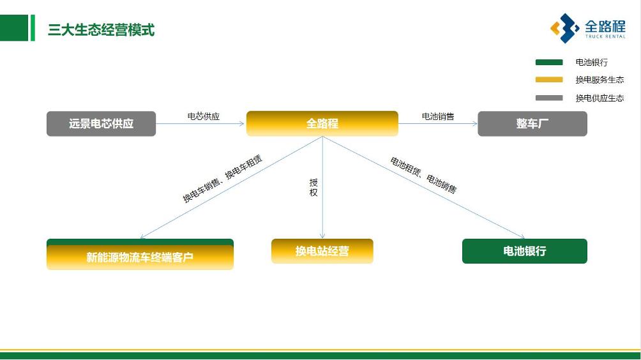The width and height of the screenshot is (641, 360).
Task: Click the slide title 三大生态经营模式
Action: click(x=101, y=30)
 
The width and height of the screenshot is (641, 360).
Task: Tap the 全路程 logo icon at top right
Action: click(x=564, y=28)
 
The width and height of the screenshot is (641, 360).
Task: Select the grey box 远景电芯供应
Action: click(x=101, y=124)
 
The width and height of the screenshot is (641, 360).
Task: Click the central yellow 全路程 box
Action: click(x=322, y=124)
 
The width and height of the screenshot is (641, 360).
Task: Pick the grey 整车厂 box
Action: click(x=532, y=124)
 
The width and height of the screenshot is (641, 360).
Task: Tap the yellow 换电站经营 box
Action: click(x=322, y=251)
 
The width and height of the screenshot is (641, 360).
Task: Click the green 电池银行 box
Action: click(x=524, y=251)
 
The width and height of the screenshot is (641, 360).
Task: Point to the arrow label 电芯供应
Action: click(x=203, y=116)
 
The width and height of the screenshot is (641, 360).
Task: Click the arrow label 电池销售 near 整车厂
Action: click(x=438, y=116)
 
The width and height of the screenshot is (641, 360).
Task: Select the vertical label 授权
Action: click(x=313, y=187)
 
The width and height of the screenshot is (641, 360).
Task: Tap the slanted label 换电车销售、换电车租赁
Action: click(x=222, y=179)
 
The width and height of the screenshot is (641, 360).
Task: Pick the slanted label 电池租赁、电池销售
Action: click(x=423, y=175)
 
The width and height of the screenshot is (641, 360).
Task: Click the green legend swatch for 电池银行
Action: click(x=548, y=63)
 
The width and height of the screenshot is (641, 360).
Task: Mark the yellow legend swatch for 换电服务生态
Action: click(x=548, y=80)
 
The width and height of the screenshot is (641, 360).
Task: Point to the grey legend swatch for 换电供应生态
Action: click(x=548, y=98)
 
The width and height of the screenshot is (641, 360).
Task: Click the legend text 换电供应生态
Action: click(x=600, y=98)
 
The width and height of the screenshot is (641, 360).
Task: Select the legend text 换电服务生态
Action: click(x=600, y=80)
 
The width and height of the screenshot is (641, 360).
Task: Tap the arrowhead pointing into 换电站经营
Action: click(x=322, y=236)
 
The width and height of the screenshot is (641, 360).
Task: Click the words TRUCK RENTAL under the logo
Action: click(x=605, y=37)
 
